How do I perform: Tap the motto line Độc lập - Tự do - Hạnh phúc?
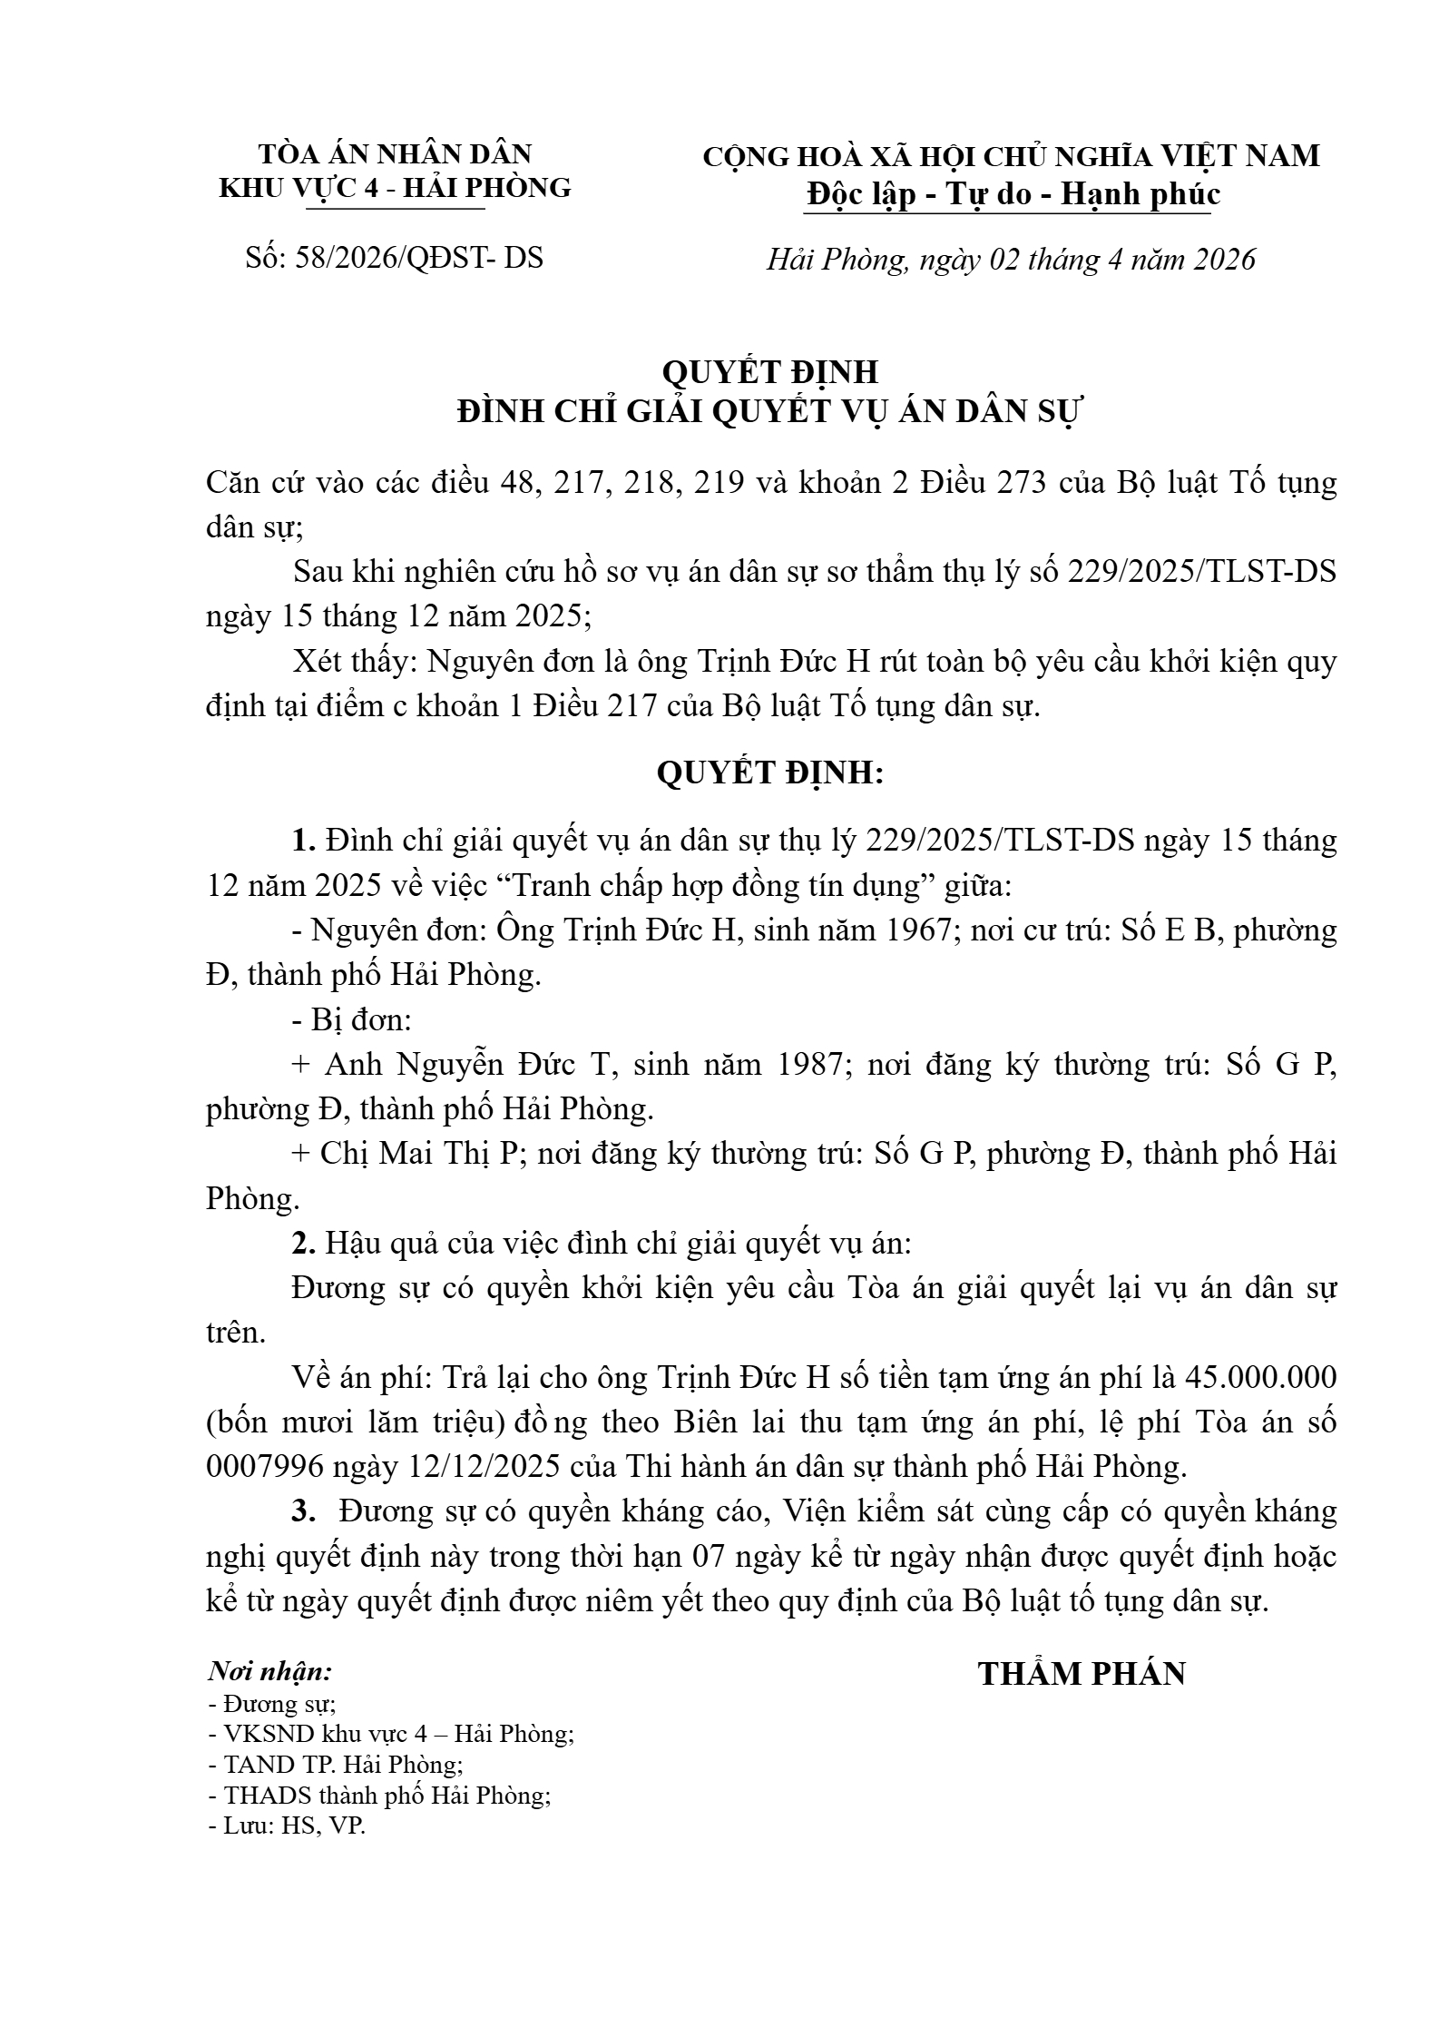coord(1012,194)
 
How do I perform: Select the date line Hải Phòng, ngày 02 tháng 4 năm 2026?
coord(1012,260)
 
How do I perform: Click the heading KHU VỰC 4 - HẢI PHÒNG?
coord(396,188)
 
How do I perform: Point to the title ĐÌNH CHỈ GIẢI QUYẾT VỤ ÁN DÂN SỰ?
coord(770,411)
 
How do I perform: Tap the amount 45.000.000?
coord(1260,1377)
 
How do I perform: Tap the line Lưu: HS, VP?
coord(287,1825)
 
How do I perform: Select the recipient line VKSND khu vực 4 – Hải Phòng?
coord(391,1733)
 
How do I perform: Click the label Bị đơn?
coord(352,1019)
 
